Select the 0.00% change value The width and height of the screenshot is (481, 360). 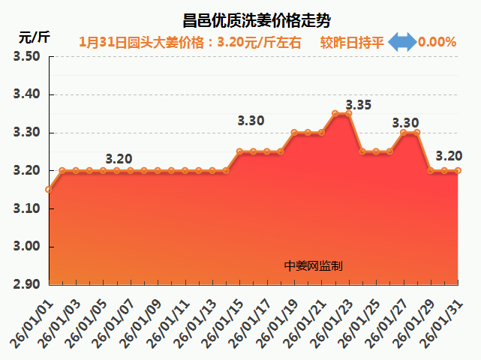coord(437,42)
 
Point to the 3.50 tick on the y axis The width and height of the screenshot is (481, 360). coord(26,57)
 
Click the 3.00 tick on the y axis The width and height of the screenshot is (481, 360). coord(26,247)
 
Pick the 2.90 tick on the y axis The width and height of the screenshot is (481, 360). coord(26,284)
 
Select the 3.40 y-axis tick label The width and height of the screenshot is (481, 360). coord(26,95)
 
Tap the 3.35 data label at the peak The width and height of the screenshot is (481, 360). coord(358,105)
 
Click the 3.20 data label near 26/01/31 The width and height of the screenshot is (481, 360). coord(448,156)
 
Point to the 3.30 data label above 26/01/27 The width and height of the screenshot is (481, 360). coord(405,123)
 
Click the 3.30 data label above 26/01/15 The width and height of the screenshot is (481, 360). coord(251,120)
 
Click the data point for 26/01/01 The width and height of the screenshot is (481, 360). coord(49,190)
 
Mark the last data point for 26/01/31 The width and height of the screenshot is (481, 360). coord(458,170)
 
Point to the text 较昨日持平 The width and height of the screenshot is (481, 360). coord(352,42)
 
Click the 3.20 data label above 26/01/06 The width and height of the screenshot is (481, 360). coord(119,159)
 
